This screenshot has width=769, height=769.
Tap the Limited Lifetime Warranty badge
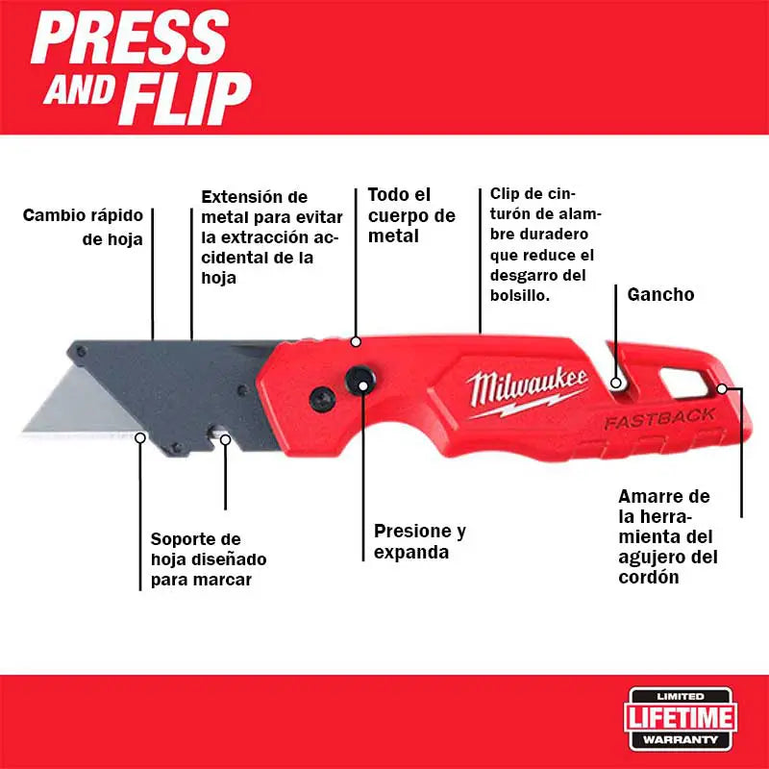pyautogui.click(x=682, y=717)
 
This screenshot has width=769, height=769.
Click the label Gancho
pyautogui.click(x=660, y=294)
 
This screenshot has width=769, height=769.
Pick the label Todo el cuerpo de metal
pyautogui.click(x=399, y=214)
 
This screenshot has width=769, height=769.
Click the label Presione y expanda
pyautogui.click(x=419, y=541)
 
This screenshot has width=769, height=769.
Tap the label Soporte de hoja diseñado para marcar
pyautogui.click(x=209, y=560)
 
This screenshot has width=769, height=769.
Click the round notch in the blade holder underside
pyautogui.click(x=225, y=439)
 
